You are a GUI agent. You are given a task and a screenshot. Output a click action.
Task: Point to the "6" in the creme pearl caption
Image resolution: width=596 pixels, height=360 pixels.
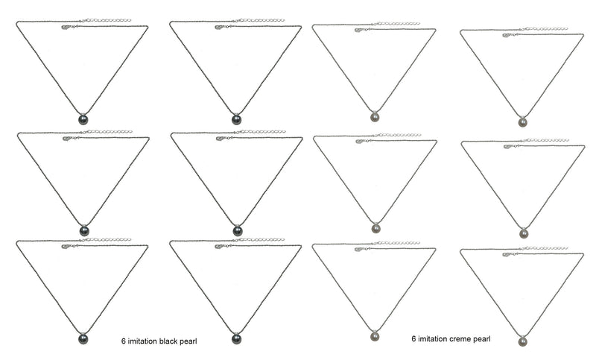(x=413, y=338)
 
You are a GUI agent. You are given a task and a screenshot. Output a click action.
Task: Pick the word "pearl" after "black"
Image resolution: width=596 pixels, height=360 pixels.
(x=188, y=341)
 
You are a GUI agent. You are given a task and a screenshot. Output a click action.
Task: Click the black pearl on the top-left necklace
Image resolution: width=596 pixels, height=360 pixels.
(x=83, y=120)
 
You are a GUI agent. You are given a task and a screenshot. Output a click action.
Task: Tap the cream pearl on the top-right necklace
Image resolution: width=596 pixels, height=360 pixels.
(x=523, y=122)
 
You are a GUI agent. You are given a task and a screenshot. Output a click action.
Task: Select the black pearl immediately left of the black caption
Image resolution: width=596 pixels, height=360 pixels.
(x=83, y=339)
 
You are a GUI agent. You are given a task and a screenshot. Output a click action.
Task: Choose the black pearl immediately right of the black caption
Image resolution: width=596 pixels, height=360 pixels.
(x=236, y=339)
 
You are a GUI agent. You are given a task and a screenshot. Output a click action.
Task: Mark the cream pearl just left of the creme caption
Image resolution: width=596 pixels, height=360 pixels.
(x=375, y=336)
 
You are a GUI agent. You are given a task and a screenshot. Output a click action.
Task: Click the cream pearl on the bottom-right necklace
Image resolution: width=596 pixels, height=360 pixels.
(x=523, y=341)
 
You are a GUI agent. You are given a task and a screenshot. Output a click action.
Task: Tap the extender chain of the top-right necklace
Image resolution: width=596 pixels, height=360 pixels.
(x=545, y=29)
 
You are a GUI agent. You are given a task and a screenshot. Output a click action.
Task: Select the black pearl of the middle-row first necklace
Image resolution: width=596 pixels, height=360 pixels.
(x=84, y=231)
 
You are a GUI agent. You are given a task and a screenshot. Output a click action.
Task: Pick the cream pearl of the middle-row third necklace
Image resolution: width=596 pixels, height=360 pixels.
(x=376, y=228)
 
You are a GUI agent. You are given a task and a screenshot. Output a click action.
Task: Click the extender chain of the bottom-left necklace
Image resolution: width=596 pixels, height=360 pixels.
(x=106, y=240)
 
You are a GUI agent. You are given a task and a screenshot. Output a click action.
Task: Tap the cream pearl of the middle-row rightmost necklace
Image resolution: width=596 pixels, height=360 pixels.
(x=524, y=233)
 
